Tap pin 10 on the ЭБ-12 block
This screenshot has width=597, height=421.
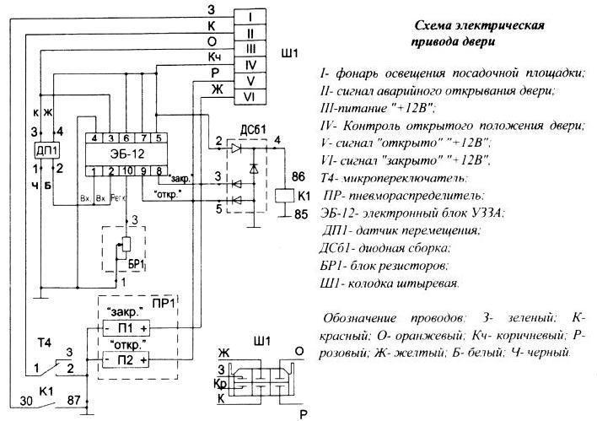126,171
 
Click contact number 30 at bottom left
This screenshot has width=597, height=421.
26,402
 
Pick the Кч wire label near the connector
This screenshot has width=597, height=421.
214,56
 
